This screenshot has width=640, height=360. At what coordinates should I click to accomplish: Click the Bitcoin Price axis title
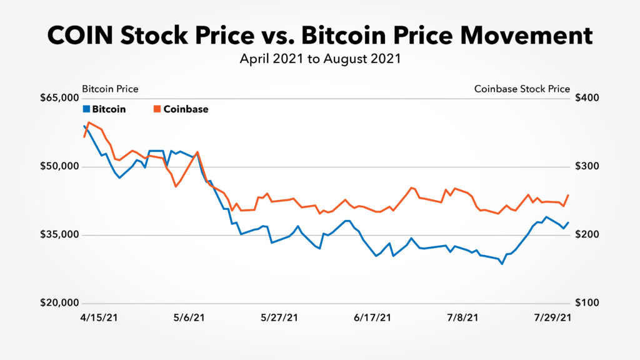[x=110, y=89]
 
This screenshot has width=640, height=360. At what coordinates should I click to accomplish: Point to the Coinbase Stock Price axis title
[x=522, y=89]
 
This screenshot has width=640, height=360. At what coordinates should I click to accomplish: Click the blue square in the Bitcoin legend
[x=86, y=109]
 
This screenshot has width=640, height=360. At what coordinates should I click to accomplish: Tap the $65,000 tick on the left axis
[x=60, y=98]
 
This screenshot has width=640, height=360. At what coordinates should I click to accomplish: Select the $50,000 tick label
[x=60, y=167]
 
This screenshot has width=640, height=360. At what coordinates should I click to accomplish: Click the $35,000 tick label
[x=60, y=235]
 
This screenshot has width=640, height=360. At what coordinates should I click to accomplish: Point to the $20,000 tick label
[x=60, y=303]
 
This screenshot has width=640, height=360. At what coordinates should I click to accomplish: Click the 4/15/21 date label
[x=100, y=317]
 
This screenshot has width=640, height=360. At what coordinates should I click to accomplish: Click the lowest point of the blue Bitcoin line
[x=502, y=264]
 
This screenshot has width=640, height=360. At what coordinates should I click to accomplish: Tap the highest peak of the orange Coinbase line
[x=89, y=122]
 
